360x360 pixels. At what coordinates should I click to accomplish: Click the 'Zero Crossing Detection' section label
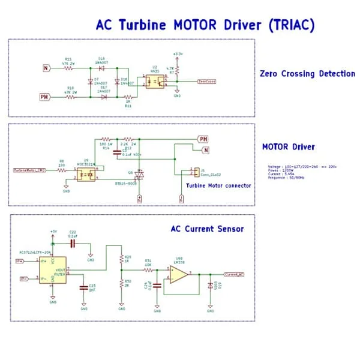(307, 74)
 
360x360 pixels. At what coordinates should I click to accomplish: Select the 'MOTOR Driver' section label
(289, 146)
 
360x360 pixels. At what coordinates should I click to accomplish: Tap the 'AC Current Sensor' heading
(207, 229)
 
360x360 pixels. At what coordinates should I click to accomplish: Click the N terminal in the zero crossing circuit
(46, 68)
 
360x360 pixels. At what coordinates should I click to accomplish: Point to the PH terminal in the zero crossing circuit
(45, 96)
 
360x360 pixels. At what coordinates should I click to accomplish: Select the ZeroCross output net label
(207, 80)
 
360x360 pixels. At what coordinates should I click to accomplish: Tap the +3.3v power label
(177, 53)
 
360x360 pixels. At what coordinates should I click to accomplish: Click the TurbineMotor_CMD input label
(29, 170)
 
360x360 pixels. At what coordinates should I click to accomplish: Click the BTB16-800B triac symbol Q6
(139, 175)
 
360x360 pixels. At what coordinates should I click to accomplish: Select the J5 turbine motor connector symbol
(193, 172)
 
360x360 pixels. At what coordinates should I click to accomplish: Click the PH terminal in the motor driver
(203, 139)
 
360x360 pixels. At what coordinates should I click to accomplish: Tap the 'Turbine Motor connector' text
(218, 185)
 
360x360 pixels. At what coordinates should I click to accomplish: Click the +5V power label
(53, 231)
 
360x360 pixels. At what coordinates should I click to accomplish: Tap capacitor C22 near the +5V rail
(73, 244)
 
